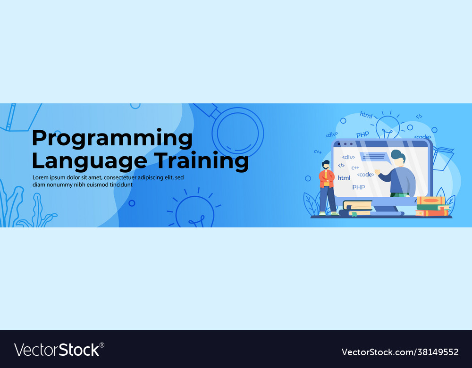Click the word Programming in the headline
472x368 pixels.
point(112,139)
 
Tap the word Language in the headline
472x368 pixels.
point(89,161)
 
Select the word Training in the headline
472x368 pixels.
point(202,161)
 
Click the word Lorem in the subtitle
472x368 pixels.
point(40,177)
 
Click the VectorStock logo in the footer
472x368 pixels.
point(59,350)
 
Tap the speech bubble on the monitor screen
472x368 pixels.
point(375,158)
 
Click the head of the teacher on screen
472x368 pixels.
point(398,158)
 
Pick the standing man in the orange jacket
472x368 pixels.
point(328,188)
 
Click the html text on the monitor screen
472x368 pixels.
point(344,178)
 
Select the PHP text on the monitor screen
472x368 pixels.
point(359,187)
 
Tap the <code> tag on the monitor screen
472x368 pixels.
point(365,175)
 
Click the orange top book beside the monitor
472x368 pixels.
point(431,201)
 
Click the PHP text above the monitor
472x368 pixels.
point(362,134)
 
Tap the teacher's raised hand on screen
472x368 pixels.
point(378,172)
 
